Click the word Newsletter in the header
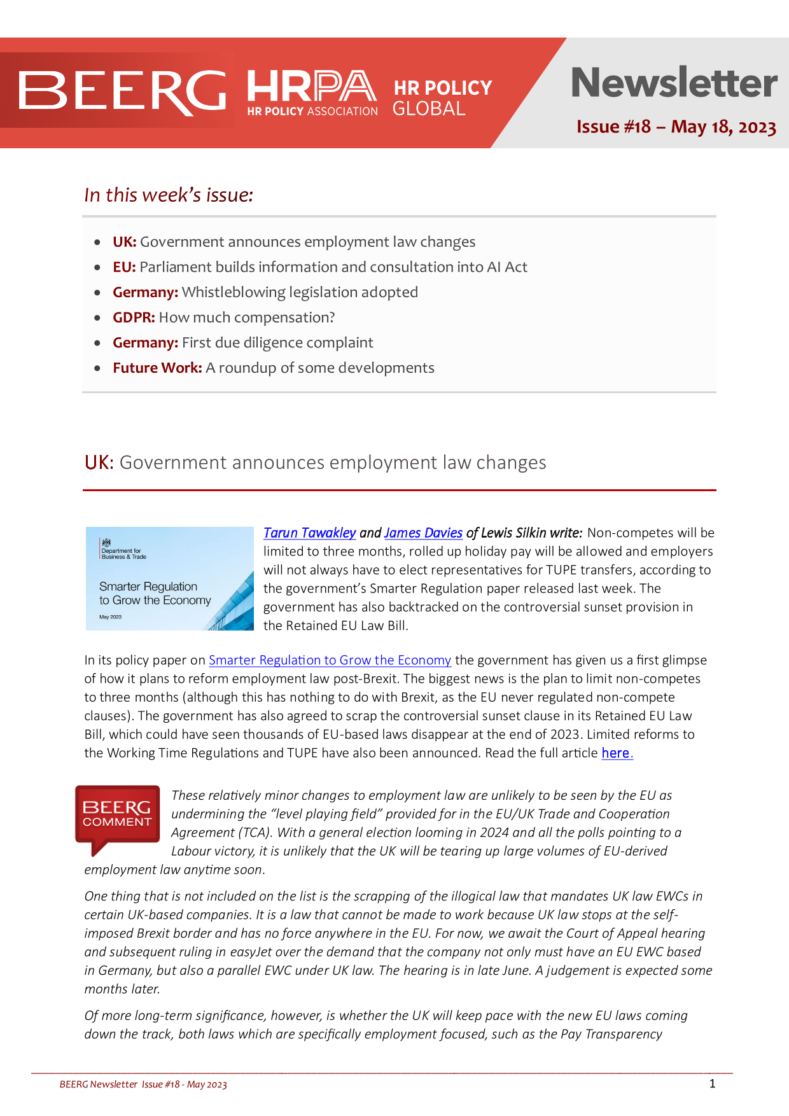point(674,83)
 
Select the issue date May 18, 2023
point(723,127)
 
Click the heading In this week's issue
point(169,195)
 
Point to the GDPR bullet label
point(134,317)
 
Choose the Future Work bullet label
point(157,368)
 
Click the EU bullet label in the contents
point(124,267)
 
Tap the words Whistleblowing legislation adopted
point(300,292)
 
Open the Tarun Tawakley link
point(309,533)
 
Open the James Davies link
point(423,533)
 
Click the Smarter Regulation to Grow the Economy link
point(330,660)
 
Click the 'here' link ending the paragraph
point(615,753)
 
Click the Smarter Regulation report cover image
point(169,578)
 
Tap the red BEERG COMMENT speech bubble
point(117,816)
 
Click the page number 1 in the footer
point(712,1084)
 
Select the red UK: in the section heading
point(99,463)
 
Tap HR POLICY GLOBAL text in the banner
point(442,97)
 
